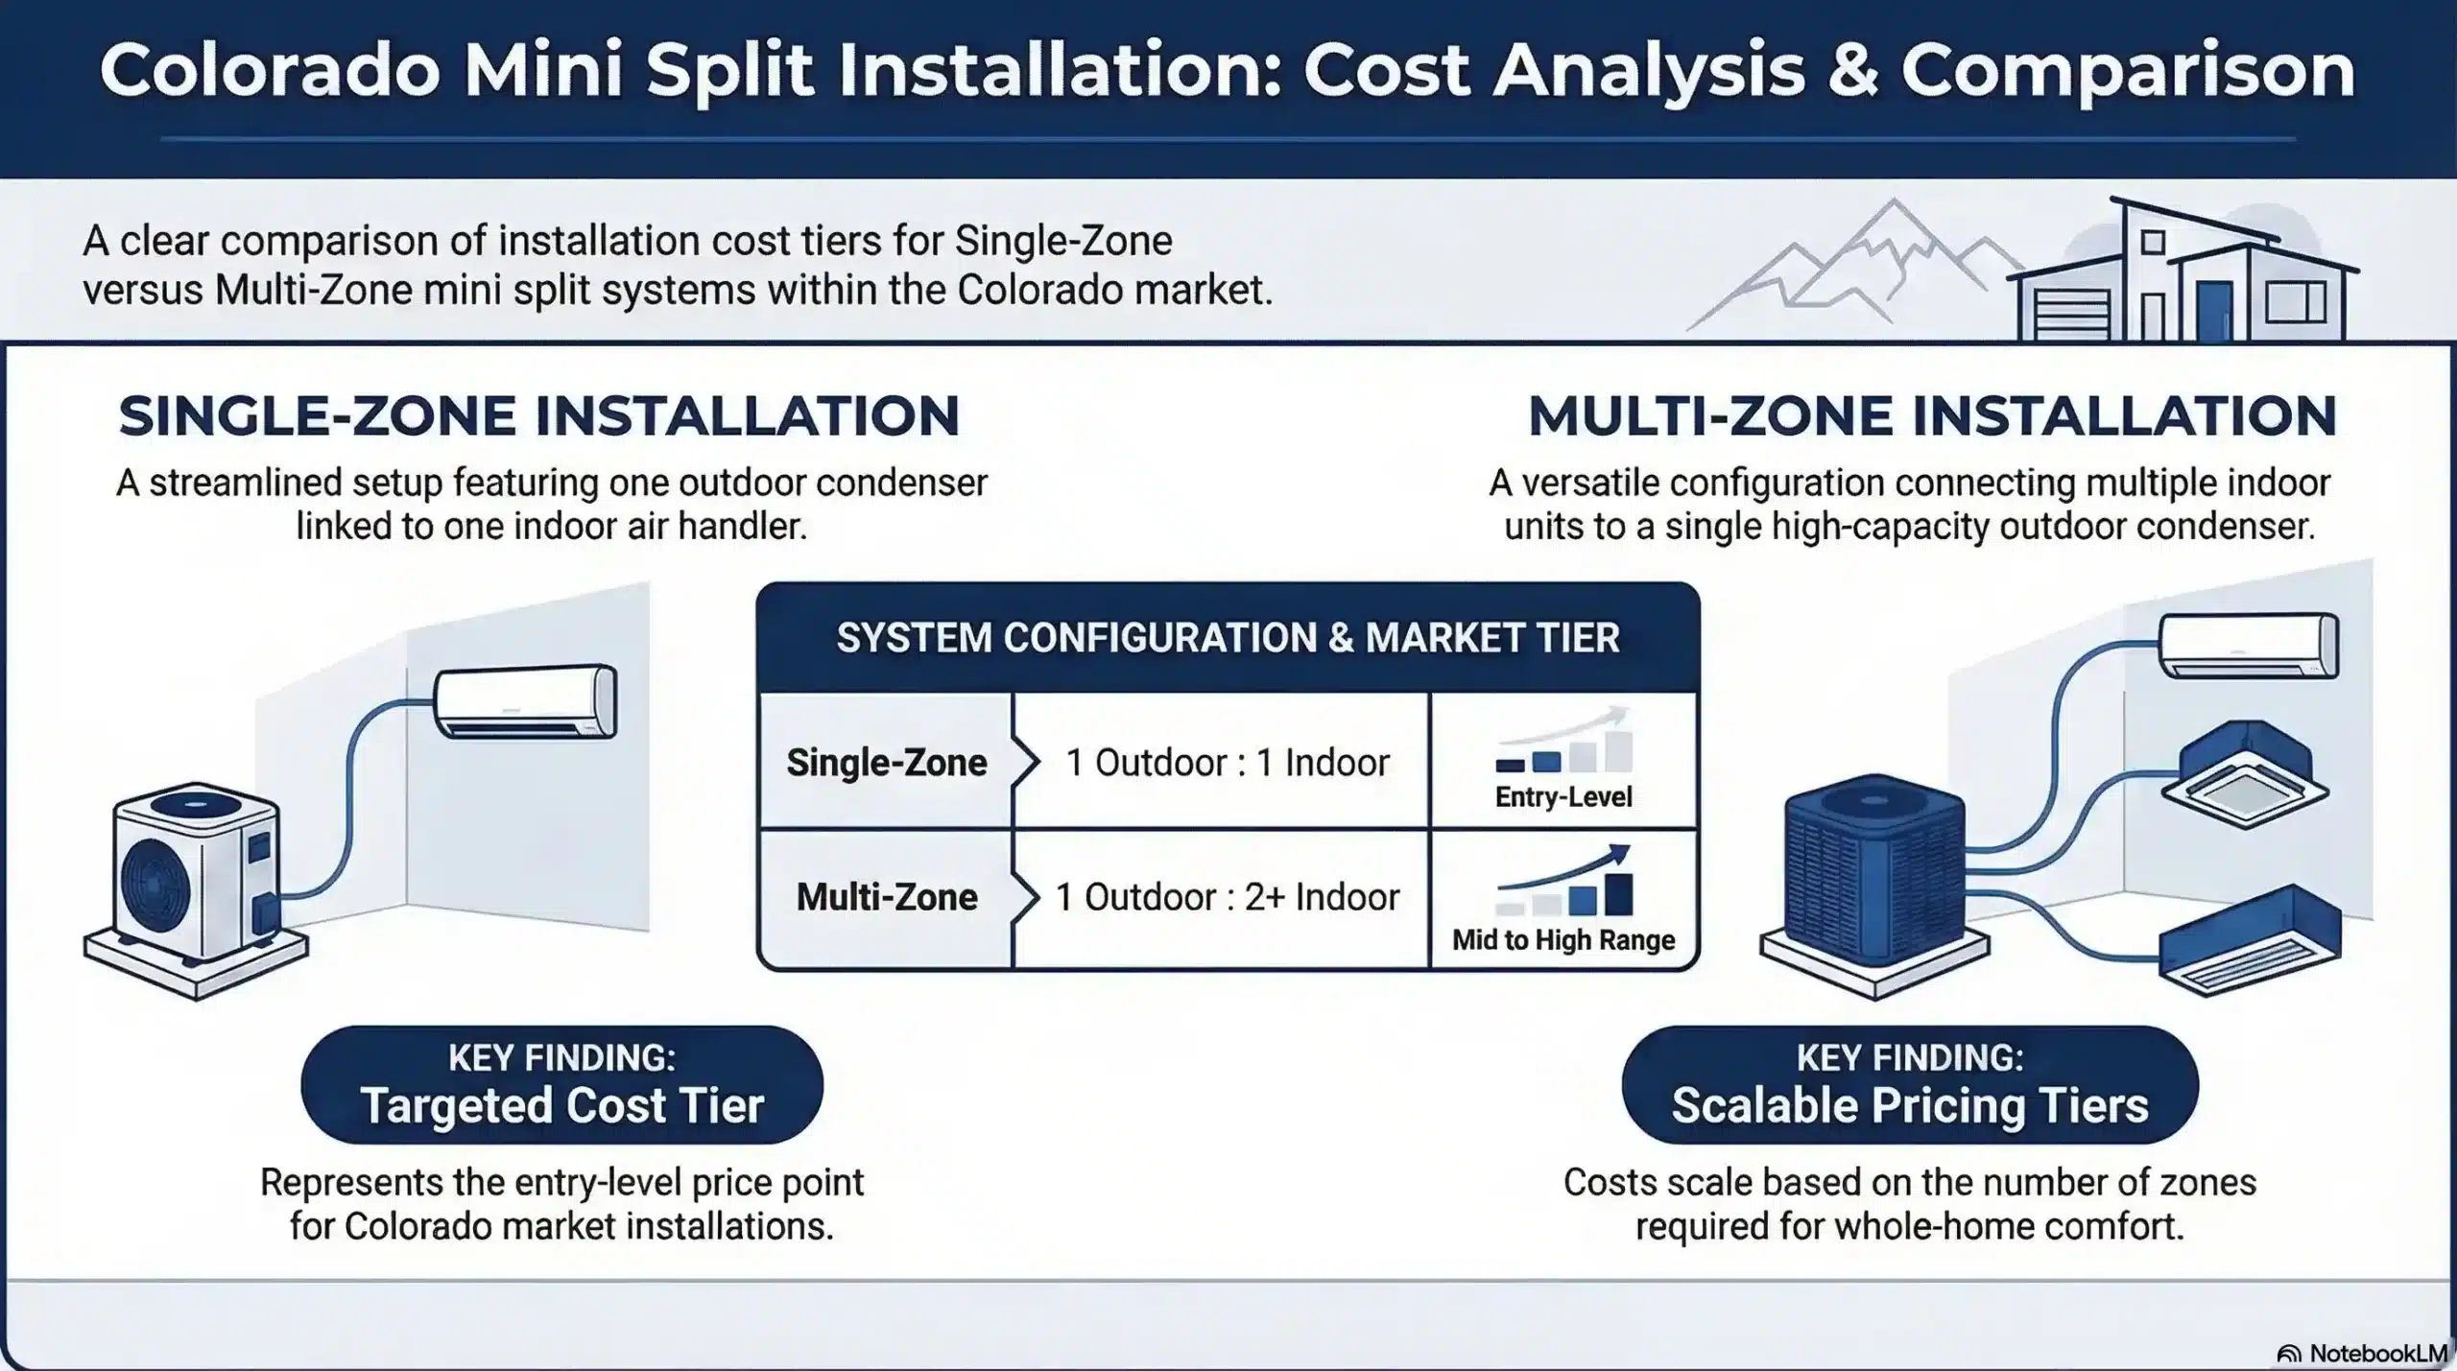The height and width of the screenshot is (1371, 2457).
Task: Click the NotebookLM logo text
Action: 2375,1353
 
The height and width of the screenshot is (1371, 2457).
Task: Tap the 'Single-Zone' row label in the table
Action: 886,763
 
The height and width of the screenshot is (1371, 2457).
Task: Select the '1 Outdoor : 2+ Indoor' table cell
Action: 1227,897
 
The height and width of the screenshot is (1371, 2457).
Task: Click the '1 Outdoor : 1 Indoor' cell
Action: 1227,763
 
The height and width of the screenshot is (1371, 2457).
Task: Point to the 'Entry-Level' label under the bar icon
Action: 1562,797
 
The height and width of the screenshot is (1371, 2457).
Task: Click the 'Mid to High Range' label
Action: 1562,939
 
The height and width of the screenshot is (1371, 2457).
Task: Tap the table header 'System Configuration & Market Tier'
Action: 1228,638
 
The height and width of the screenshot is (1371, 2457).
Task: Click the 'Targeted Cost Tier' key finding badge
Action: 561,1085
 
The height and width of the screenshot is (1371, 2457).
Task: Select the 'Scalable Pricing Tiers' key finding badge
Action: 1909,1085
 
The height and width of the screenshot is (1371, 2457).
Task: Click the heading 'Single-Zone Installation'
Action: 538,416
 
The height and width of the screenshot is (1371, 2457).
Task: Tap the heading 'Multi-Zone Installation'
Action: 1931,416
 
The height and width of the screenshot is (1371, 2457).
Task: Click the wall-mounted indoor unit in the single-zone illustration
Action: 525,701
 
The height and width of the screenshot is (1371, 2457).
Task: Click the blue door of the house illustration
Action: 2214,311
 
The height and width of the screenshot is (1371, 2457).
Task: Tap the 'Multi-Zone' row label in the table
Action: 886,897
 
